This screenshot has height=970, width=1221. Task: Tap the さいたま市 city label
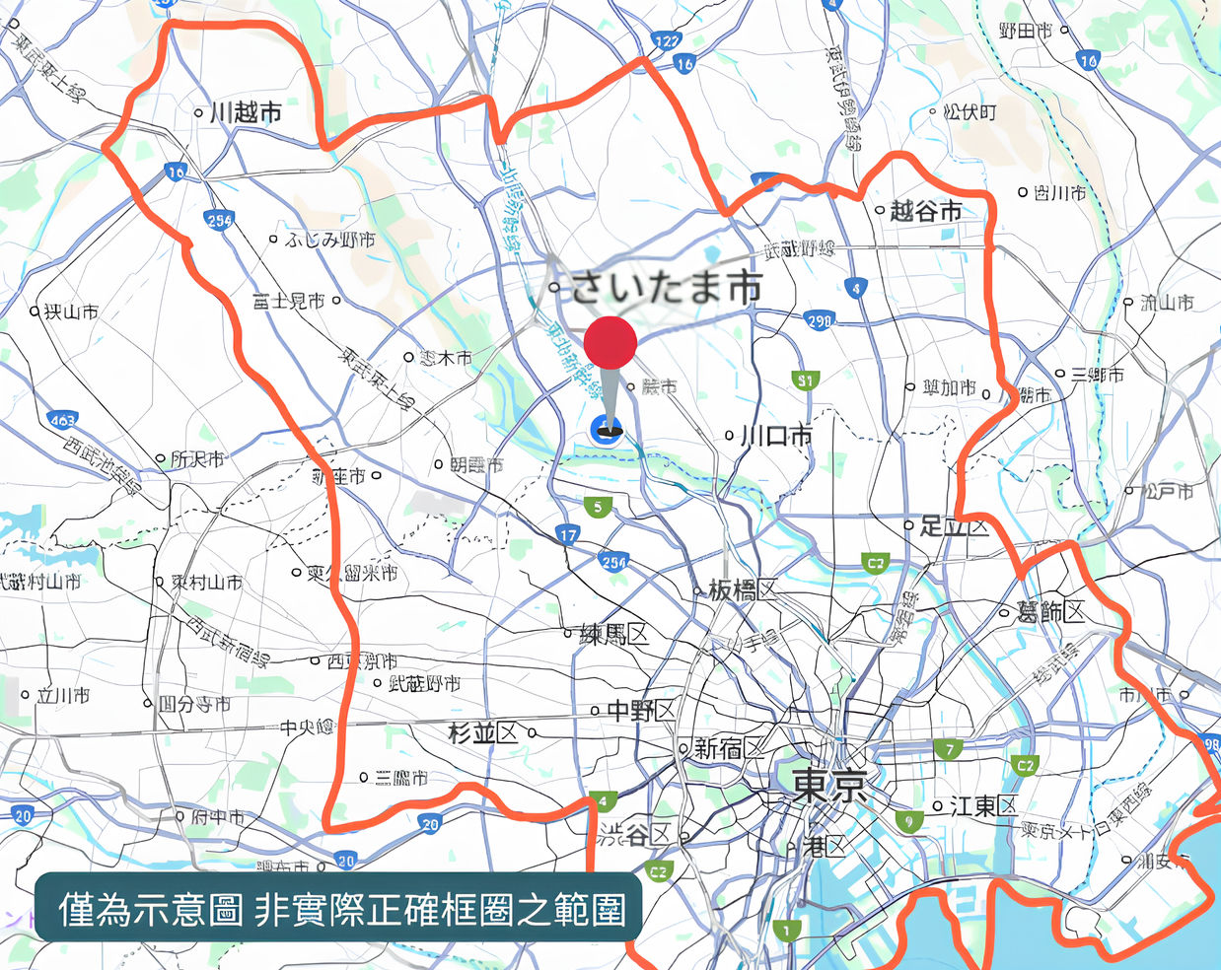click(x=667, y=287)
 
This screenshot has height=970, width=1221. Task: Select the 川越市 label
click(x=246, y=112)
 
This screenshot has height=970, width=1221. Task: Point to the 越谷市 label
click(x=925, y=211)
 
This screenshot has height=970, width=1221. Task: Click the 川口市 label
click(x=777, y=435)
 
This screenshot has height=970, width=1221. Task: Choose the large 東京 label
click(x=830, y=786)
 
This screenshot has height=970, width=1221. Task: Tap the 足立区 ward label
click(x=955, y=526)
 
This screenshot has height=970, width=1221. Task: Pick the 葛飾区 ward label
click(x=1051, y=612)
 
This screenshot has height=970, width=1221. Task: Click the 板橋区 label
click(x=743, y=590)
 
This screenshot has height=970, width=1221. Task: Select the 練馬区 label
click(x=614, y=634)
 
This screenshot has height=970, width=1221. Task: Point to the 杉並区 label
click(x=483, y=732)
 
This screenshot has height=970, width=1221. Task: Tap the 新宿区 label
click(x=729, y=749)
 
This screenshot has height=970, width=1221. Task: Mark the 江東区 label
click(x=982, y=806)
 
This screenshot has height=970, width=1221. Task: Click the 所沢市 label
click(x=197, y=458)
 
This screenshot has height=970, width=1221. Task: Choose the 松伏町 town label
click(x=970, y=112)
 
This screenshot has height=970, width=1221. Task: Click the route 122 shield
click(x=667, y=40)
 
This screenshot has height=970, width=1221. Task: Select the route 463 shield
click(x=62, y=420)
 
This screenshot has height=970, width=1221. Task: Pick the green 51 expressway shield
click(x=806, y=380)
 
